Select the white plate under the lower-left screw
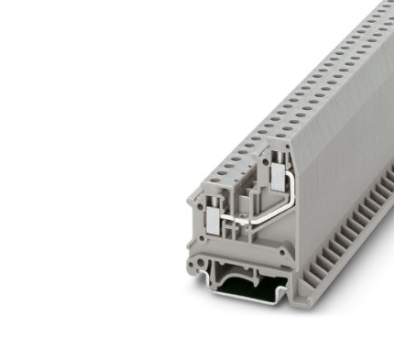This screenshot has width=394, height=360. [x=212, y=220]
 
